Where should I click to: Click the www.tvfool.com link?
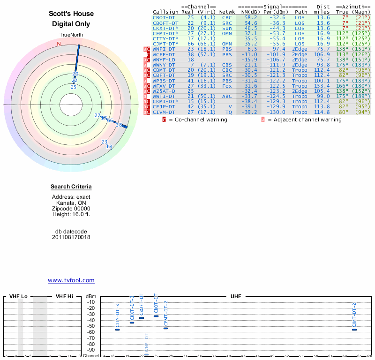71,280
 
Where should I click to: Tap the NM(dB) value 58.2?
247,17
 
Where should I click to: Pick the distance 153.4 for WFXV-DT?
322,85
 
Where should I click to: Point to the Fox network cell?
227,85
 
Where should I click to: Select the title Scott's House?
71,14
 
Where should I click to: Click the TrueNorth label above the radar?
71,35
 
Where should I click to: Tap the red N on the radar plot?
59,44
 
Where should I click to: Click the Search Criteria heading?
71,187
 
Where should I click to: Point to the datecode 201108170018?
71,237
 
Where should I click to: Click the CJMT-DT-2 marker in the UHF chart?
354,330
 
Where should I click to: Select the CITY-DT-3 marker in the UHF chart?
118,330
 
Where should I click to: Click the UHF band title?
236,297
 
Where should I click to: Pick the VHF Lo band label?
18,297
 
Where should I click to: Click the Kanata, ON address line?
71,202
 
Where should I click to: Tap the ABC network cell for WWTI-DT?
227,96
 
